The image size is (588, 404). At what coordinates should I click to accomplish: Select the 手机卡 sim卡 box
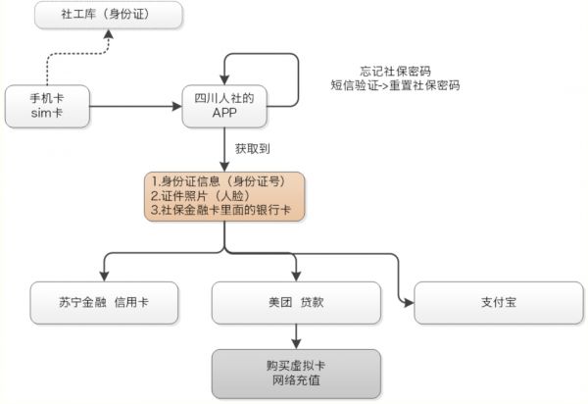point(47,106)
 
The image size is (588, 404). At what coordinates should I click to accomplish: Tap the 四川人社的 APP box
point(225,106)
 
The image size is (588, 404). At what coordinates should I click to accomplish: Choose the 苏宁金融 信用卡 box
point(104,302)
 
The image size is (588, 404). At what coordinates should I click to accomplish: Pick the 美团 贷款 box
point(295,302)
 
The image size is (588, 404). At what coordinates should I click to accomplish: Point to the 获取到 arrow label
point(252,149)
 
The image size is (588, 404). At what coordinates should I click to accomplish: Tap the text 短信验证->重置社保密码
point(395,85)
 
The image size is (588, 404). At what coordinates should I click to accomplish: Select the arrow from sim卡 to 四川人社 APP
point(136,106)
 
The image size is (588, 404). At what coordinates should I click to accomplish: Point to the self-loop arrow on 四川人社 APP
point(284,64)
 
